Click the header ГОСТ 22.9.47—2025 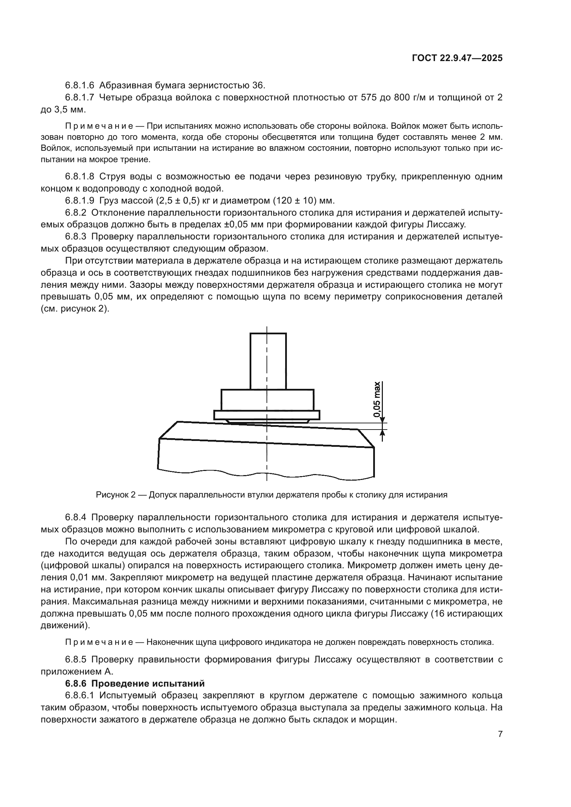[457, 58]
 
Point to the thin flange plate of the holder [267, 415]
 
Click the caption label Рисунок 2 [116, 495]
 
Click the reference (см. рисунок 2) [75, 309]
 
